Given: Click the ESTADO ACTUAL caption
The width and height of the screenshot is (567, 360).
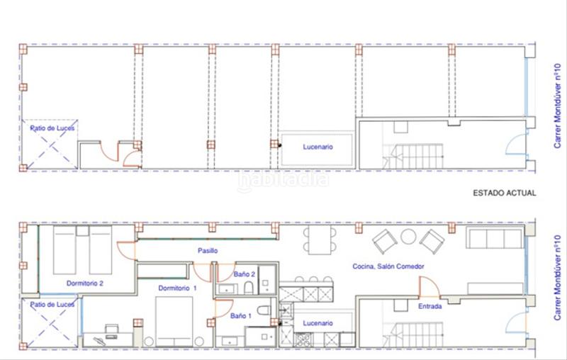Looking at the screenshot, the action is [x=505, y=193].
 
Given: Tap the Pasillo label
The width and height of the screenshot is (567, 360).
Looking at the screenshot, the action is [x=208, y=250].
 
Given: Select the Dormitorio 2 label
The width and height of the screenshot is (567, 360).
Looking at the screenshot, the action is [x=85, y=283].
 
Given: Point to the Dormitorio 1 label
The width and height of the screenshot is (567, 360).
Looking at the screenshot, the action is [x=178, y=288].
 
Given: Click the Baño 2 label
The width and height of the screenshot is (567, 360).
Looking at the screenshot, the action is [x=244, y=274].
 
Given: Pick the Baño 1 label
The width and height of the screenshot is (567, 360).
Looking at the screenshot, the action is [x=241, y=316].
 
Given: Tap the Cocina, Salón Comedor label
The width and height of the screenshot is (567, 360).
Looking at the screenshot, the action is [x=388, y=266].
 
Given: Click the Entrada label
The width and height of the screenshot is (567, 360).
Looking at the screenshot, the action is [x=430, y=306].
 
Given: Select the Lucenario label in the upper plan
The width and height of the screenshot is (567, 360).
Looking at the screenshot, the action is [x=318, y=147].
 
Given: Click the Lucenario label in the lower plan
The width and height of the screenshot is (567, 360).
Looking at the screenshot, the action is [x=318, y=323].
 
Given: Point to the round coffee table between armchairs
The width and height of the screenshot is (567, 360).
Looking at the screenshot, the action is [x=408, y=237].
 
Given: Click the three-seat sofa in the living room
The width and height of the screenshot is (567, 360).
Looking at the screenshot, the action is [x=495, y=237].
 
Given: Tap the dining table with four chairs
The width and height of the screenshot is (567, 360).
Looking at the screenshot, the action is [x=320, y=240].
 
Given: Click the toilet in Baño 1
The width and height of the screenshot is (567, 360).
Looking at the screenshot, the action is [x=264, y=310].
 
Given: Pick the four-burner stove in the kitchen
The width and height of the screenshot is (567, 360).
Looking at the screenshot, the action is [x=303, y=340].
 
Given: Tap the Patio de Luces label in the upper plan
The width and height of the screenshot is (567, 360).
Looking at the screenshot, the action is [x=52, y=128].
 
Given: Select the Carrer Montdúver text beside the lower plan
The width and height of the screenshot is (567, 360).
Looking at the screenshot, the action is [x=557, y=278].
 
